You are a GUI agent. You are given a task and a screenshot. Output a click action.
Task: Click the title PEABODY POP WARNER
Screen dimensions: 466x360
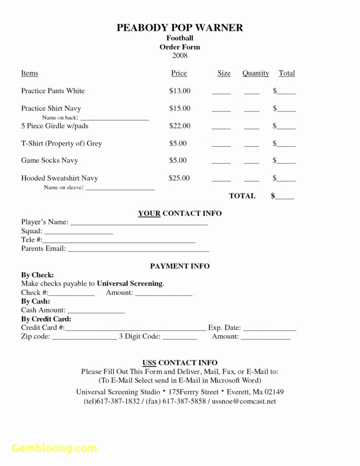pyautogui.click(x=180, y=27)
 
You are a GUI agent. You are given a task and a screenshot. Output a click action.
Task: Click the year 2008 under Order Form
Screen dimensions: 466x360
pyautogui.click(x=180, y=56)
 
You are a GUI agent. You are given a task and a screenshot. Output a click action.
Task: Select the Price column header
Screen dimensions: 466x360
pyautogui.click(x=179, y=73)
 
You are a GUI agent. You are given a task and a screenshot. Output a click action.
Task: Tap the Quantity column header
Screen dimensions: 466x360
pyautogui.click(x=255, y=73)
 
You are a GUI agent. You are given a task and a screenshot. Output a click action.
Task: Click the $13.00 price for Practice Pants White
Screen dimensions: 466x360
pyautogui.click(x=180, y=91)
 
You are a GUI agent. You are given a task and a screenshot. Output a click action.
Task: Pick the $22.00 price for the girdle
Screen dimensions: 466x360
pyautogui.click(x=180, y=126)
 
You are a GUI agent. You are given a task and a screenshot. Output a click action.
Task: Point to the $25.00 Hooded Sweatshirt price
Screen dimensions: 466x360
pyautogui.click(x=180, y=178)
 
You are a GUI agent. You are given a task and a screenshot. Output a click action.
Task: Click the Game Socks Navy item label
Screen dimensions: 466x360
pyautogui.click(x=49, y=160)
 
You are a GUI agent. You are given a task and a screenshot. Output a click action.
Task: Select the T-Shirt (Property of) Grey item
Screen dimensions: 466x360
pyautogui.click(x=61, y=143)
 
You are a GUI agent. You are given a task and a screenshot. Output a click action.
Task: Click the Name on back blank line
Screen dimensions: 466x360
pyautogui.click(x=115, y=118)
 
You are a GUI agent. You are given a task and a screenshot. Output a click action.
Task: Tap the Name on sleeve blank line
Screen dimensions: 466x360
pyautogui.click(x=120, y=188)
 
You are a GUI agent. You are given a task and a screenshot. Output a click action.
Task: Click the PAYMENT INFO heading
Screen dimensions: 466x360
pyautogui.click(x=180, y=266)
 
